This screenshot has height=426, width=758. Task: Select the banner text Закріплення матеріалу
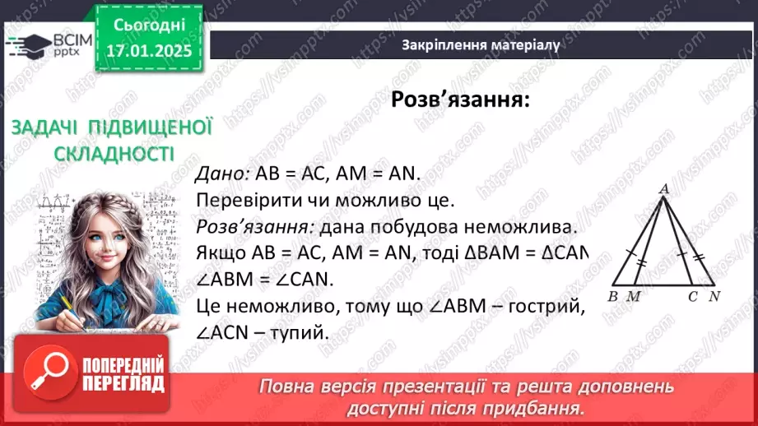(x=481, y=45)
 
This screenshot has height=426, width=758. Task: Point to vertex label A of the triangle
(x=663, y=189)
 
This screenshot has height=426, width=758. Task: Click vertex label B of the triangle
(x=615, y=296)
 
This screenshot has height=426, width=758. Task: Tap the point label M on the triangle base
(x=634, y=296)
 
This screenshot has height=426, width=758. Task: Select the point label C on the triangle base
(x=693, y=296)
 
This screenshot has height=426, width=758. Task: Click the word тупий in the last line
(x=304, y=333)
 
